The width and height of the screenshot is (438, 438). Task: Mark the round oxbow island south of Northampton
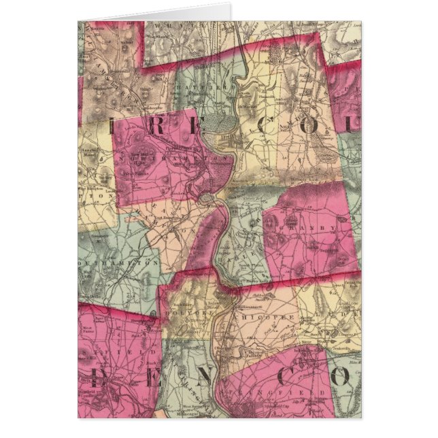[204, 199]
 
